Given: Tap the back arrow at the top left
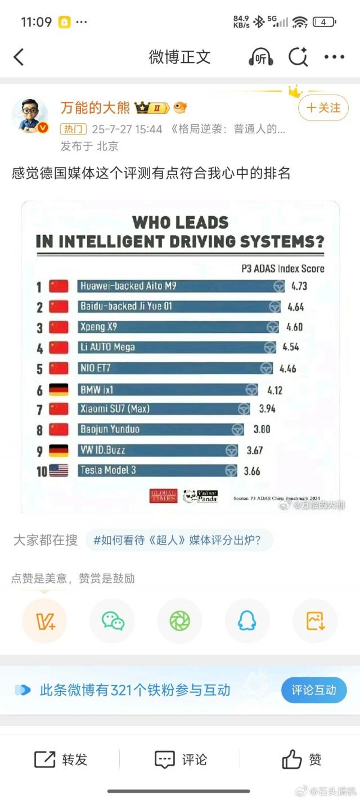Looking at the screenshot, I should [19, 57].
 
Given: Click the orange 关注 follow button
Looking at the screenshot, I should [323, 107].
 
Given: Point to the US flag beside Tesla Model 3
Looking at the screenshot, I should [58, 470].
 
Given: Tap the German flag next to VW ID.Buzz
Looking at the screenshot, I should [58, 450].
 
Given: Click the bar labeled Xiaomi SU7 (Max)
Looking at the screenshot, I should [163, 409].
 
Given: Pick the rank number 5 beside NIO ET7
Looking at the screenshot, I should [40, 369].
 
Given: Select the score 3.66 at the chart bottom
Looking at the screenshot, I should [252, 471].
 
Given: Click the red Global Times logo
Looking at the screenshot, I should [164, 496].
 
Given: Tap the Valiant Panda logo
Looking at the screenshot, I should [200, 496].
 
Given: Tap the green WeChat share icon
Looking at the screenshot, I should [112, 621].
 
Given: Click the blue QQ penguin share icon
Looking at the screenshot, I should [247, 621].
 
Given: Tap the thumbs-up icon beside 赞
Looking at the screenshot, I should [292, 759].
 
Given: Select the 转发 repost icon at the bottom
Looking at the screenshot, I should [45, 759].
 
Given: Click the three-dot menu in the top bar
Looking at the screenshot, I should [334, 57].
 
